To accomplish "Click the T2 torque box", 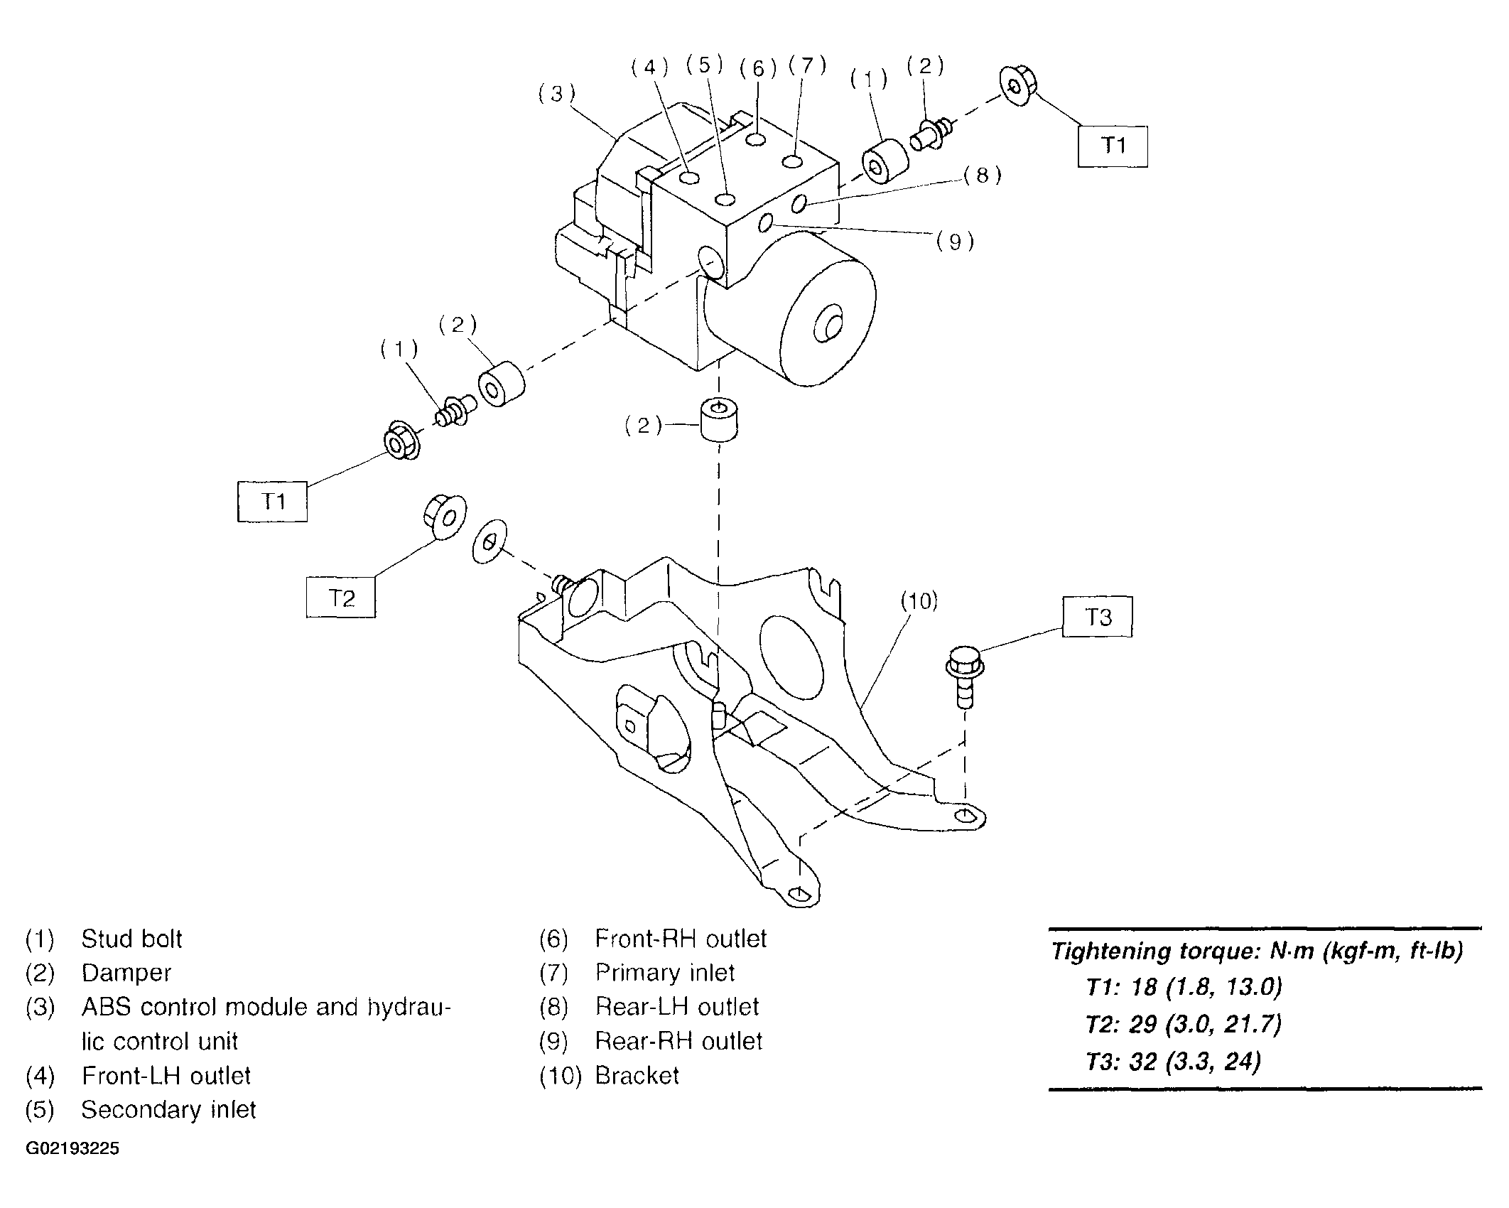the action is (341, 598).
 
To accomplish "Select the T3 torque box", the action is (1098, 617).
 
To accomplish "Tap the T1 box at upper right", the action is (1113, 146).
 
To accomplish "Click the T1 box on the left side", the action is (272, 502).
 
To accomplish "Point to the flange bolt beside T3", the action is (964, 676).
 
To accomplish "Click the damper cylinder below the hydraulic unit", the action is (719, 420).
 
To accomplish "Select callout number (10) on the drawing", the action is (919, 602).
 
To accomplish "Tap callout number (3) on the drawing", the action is (557, 94).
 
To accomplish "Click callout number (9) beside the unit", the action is (955, 242).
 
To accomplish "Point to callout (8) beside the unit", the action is (983, 176).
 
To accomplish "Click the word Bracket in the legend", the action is (637, 1076).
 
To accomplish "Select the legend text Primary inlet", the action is (665, 973).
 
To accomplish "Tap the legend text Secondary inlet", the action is (168, 1110).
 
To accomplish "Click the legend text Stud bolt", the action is (131, 939).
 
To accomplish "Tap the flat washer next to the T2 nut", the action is (490, 541).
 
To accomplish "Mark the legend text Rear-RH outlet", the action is (678, 1041).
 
